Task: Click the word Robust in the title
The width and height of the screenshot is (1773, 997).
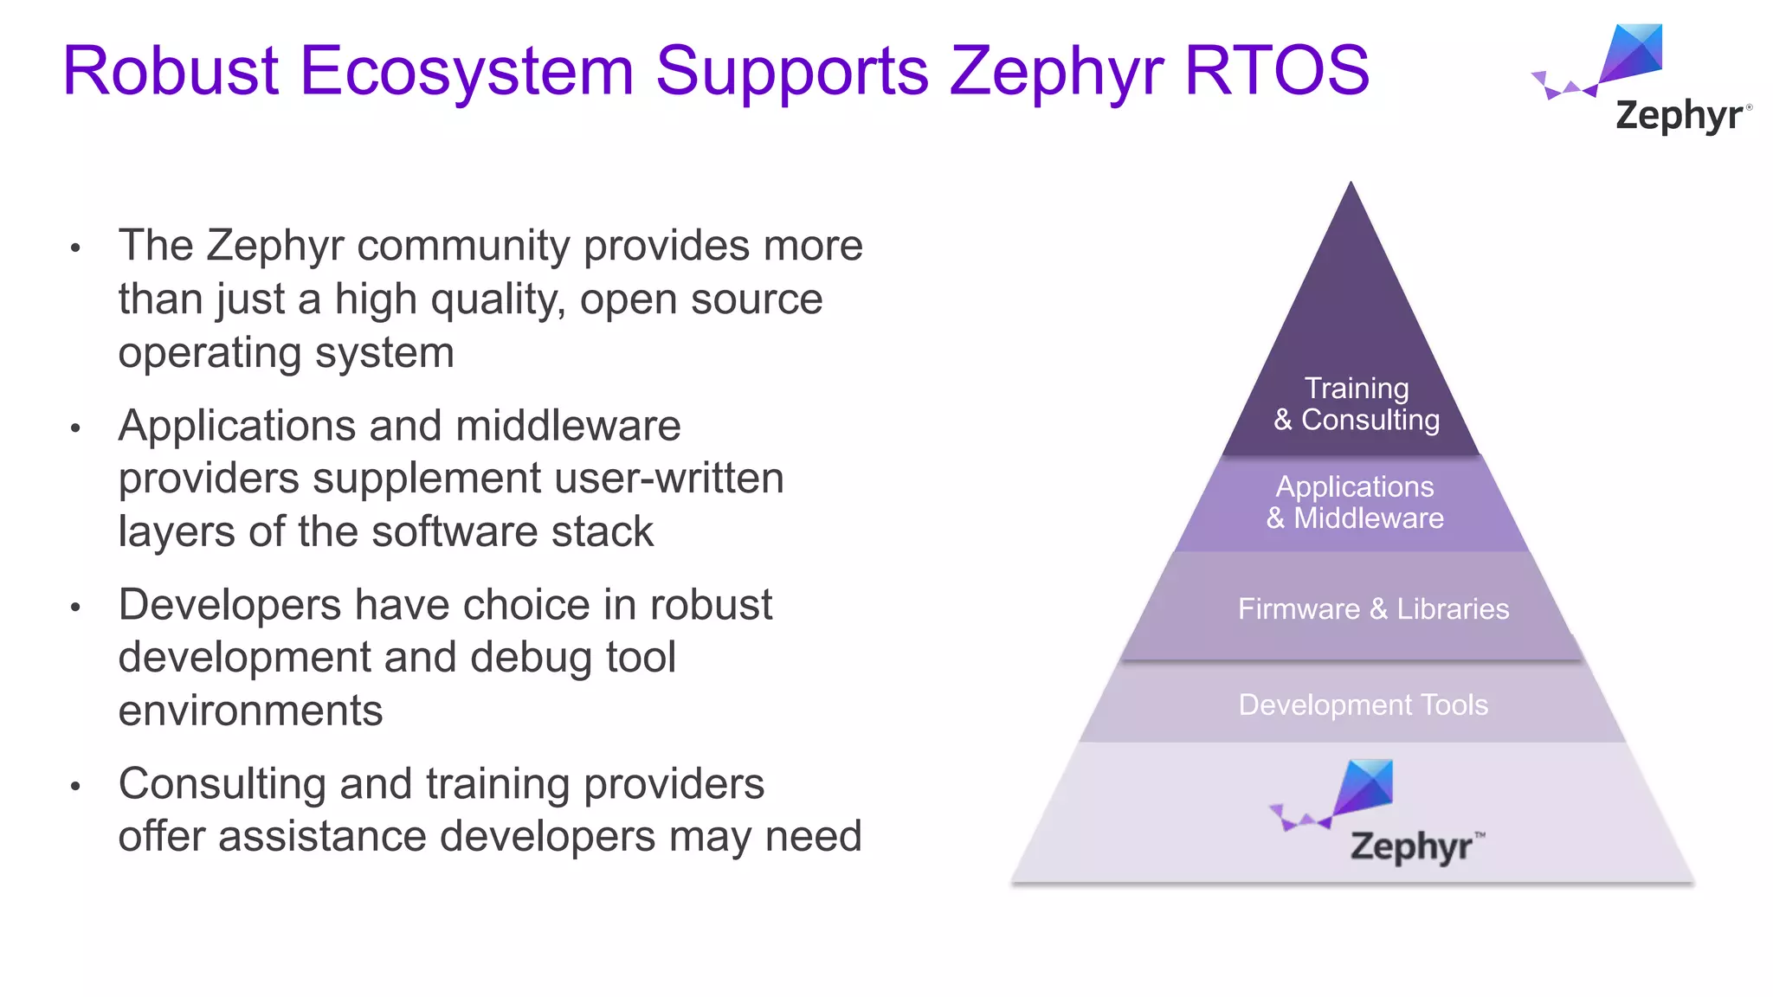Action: pyautogui.click(x=171, y=71)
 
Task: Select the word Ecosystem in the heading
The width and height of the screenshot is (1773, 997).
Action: pyautogui.click(x=467, y=71)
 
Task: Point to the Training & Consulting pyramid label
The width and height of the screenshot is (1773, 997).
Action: pyautogui.click(x=1356, y=404)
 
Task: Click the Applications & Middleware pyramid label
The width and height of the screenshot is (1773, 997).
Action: pyautogui.click(x=1355, y=503)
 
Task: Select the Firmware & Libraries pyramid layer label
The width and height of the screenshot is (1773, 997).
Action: pyautogui.click(x=1373, y=609)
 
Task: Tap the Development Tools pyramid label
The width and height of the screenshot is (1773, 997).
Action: pyautogui.click(x=1363, y=705)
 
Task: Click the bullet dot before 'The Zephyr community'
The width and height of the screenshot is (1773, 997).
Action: pyautogui.click(x=75, y=248)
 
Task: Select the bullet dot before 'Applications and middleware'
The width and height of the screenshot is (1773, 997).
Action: pyautogui.click(x=75, y=428)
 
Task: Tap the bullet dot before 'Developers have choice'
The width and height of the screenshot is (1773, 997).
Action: pyautogui.click(x=75, y=608)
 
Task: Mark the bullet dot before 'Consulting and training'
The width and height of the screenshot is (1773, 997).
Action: pyautogui.click(x=75, y=786)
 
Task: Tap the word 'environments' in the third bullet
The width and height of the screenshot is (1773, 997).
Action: pyautogui.click(x=250, y=711)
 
